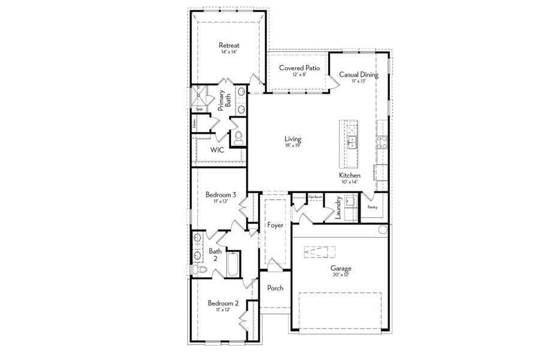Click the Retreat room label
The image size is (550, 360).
(x=229, y=45)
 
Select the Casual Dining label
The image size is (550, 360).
(x=359, y=74)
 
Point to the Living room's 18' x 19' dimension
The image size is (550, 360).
(x=293, y=145)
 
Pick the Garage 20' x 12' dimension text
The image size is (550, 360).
(x=341, y=274)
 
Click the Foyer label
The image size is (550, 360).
(x=275, y=225)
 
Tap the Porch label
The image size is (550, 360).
(x=275, y=288)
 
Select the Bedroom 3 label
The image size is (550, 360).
(x=221, y=194)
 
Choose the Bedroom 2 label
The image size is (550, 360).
(x=223, y=303)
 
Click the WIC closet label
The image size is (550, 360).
(x=217, y=150)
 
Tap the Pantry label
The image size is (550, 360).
(x=372, y=207)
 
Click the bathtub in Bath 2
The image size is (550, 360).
(x=234, y=264)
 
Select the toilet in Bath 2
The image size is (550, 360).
(x=202, y=271)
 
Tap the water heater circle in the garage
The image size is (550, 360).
(x=383, y=230)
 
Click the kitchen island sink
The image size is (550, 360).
(x=352, y=142)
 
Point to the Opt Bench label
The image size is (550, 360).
(x=315, y=197)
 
